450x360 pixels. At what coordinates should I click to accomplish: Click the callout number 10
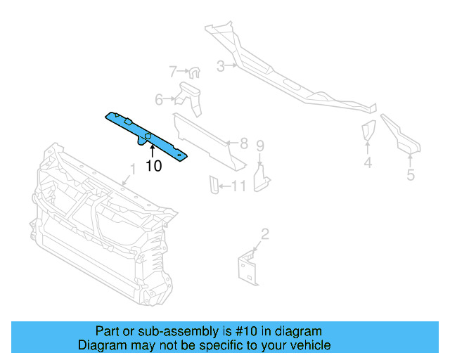click(153, 166)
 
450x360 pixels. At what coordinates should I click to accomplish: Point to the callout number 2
click(264, 234)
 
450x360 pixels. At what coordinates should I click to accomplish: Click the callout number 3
click(220, 67)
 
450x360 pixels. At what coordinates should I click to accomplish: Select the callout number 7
click(173, 71)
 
